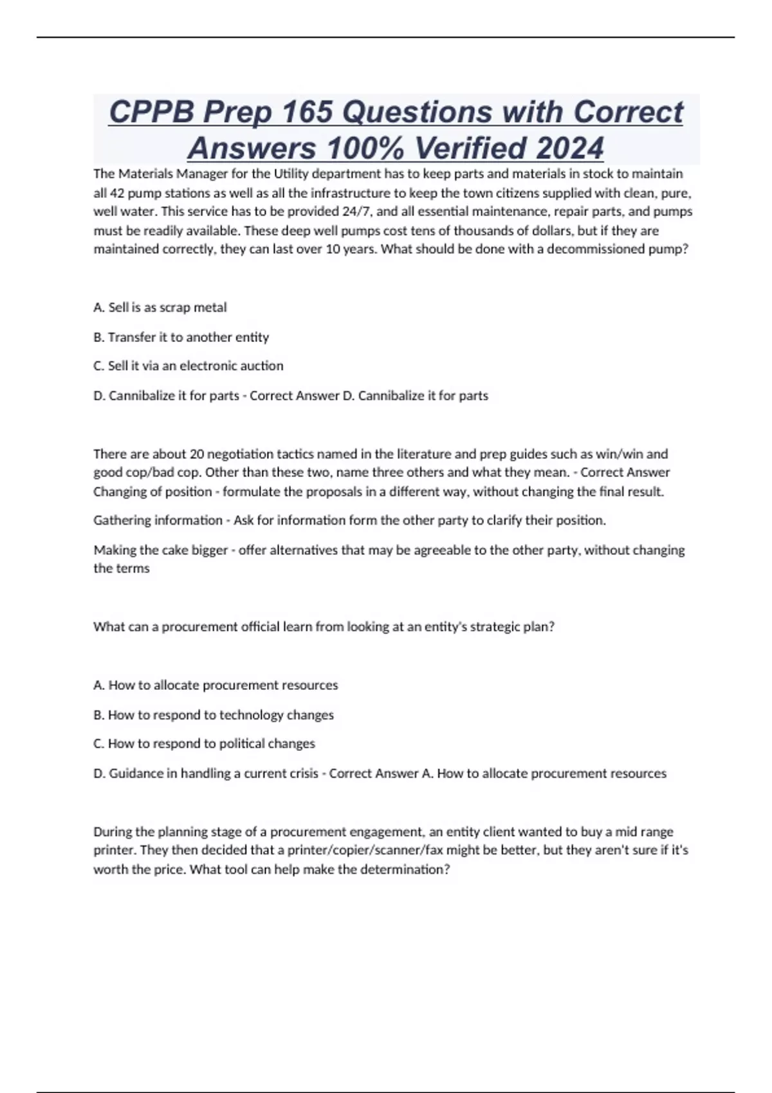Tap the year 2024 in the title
click(569, 148)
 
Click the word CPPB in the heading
click(151, 112)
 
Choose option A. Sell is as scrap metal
click(160, 307)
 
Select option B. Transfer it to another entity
click(181, 337)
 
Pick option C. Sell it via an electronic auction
click(188, 366)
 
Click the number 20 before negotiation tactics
click(197, 454)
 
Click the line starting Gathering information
click(349, 520)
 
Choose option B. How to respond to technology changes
click(214, 715)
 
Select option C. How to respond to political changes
click(204, 744)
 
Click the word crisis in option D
click(301, 773)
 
